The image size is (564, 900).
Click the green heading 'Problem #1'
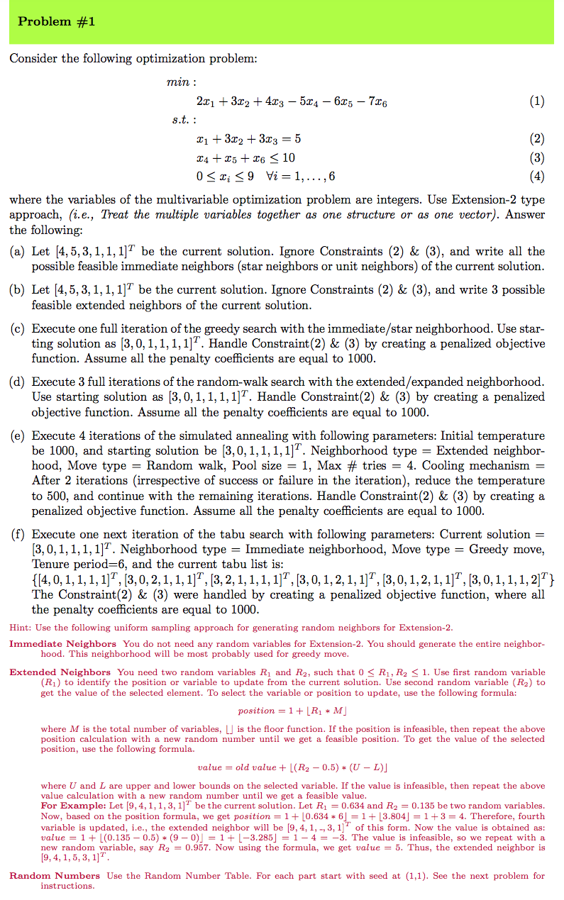coord(56,22)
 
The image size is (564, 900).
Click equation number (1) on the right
coord(536,101)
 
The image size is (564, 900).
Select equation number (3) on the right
coord(536,157)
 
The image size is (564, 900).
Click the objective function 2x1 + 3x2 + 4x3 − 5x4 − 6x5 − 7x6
coord(290,102)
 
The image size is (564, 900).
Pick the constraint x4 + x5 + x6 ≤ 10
coord(244,157)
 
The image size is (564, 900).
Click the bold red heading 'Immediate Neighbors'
coord(62,644)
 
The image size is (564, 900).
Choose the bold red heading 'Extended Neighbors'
coord(60,672)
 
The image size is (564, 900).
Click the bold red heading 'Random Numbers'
coord(55,876)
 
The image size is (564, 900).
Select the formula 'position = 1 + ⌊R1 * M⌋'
coord(282,711)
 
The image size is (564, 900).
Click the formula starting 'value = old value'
coord(281,767)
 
